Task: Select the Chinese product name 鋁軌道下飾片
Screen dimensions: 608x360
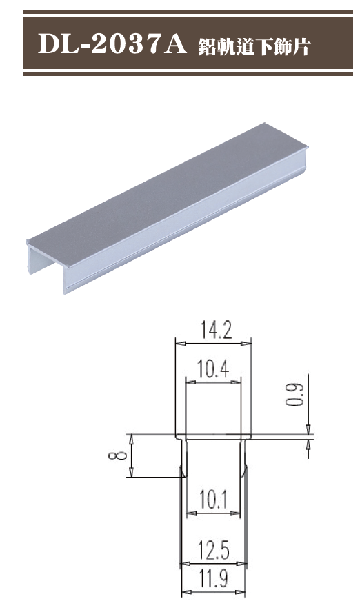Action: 254,46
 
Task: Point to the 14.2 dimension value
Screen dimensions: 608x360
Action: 212,331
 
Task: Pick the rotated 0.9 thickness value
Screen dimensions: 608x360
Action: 297,394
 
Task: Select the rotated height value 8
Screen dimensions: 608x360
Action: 118,455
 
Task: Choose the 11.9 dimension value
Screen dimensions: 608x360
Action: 213,578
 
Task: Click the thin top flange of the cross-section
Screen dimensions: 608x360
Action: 213,436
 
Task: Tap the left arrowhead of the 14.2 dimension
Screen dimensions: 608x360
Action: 179,342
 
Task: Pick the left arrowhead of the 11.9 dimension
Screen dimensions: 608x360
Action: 185,592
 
